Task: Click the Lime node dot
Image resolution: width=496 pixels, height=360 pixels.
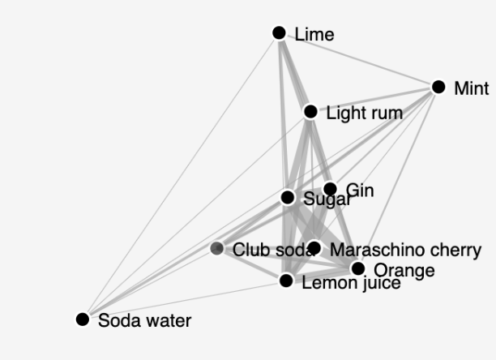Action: [279, 32]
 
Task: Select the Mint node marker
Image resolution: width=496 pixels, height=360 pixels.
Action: [438, 87]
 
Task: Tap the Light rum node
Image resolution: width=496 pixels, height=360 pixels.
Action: [310, 111]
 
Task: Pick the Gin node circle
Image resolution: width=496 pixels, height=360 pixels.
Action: [330, 189]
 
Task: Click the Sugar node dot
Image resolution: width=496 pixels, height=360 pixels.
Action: [288, 197]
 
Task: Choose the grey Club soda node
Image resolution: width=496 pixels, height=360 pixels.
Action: [217, 248]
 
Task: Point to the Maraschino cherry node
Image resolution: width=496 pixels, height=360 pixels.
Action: [314, 248]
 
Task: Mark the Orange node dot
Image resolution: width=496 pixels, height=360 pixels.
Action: [357, 268]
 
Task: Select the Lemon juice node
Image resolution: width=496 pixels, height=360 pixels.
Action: [286, 281]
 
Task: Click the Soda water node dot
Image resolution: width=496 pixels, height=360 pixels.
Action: [82, 319]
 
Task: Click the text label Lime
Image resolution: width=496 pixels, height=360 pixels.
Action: [314, 34]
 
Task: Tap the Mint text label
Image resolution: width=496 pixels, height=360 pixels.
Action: [472, 88]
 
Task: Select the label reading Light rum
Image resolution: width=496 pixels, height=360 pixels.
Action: [364, 113]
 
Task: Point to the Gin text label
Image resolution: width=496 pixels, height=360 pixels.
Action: [359, 191]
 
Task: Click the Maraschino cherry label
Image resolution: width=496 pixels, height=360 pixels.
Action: [406, 250]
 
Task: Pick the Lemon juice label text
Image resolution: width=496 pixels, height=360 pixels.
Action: [351, 283]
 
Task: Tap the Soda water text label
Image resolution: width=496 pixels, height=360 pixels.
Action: [144, 321]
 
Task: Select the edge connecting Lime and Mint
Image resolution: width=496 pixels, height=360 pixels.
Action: [358, 59]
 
